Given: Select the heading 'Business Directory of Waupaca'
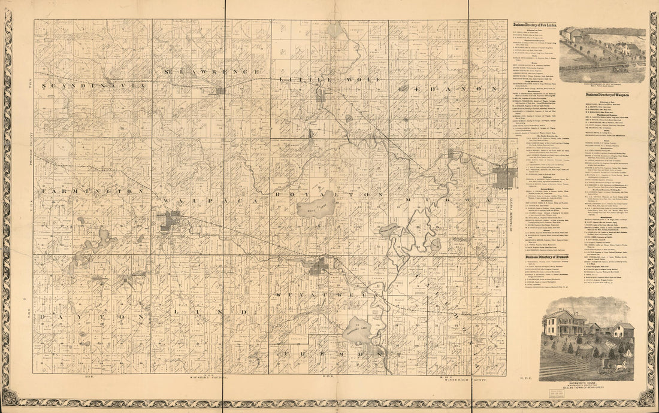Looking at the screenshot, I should coord(611,95).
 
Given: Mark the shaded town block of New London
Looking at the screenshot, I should coord(504,177).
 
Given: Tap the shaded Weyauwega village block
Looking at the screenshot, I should coord(318,266).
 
